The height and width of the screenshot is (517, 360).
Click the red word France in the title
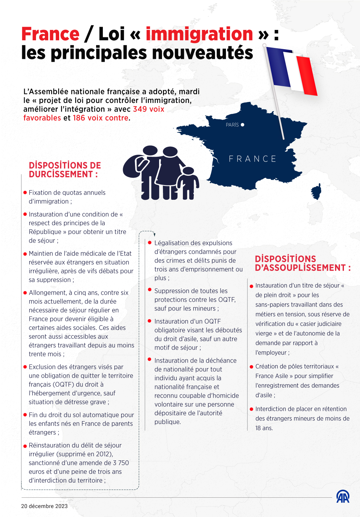pyautogui.click(x=50, y=34)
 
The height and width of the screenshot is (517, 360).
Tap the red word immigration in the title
pyautogui.click(x=199, y=34)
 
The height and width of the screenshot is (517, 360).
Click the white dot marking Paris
pyautogui.click(x=242, y=125)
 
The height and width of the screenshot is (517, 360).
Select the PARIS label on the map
pyautogui.click(x=232, y=125)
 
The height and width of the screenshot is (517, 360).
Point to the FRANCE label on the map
pyautogui.click(x=252, y=159)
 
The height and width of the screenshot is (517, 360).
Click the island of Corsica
pyautogui.click(x=316, y=192)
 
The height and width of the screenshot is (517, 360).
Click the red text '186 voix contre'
pyautogui.click(x=101, y=118)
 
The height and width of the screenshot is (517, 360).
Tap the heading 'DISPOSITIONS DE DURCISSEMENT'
pyautogui.click(x=65, y=170)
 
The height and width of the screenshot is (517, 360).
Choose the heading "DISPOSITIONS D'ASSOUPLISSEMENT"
pyautogui.click(x=302, y=263)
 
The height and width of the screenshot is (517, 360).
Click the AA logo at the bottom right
pyautogui.click(x=343, y=497)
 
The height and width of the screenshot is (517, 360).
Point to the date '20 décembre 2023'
pyautogui.click(x=44, y=506)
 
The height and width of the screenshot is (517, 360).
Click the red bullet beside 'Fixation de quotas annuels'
pyautogui.click(x=25, y=192)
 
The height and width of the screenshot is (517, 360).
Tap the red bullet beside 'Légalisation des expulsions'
pyautogui.click(x=150, y=243)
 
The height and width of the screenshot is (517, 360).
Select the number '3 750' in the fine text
pyautogui.click(x=121, y=463)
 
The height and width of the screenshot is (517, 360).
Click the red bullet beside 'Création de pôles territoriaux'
pyautogui.click(x=251, y=367)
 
